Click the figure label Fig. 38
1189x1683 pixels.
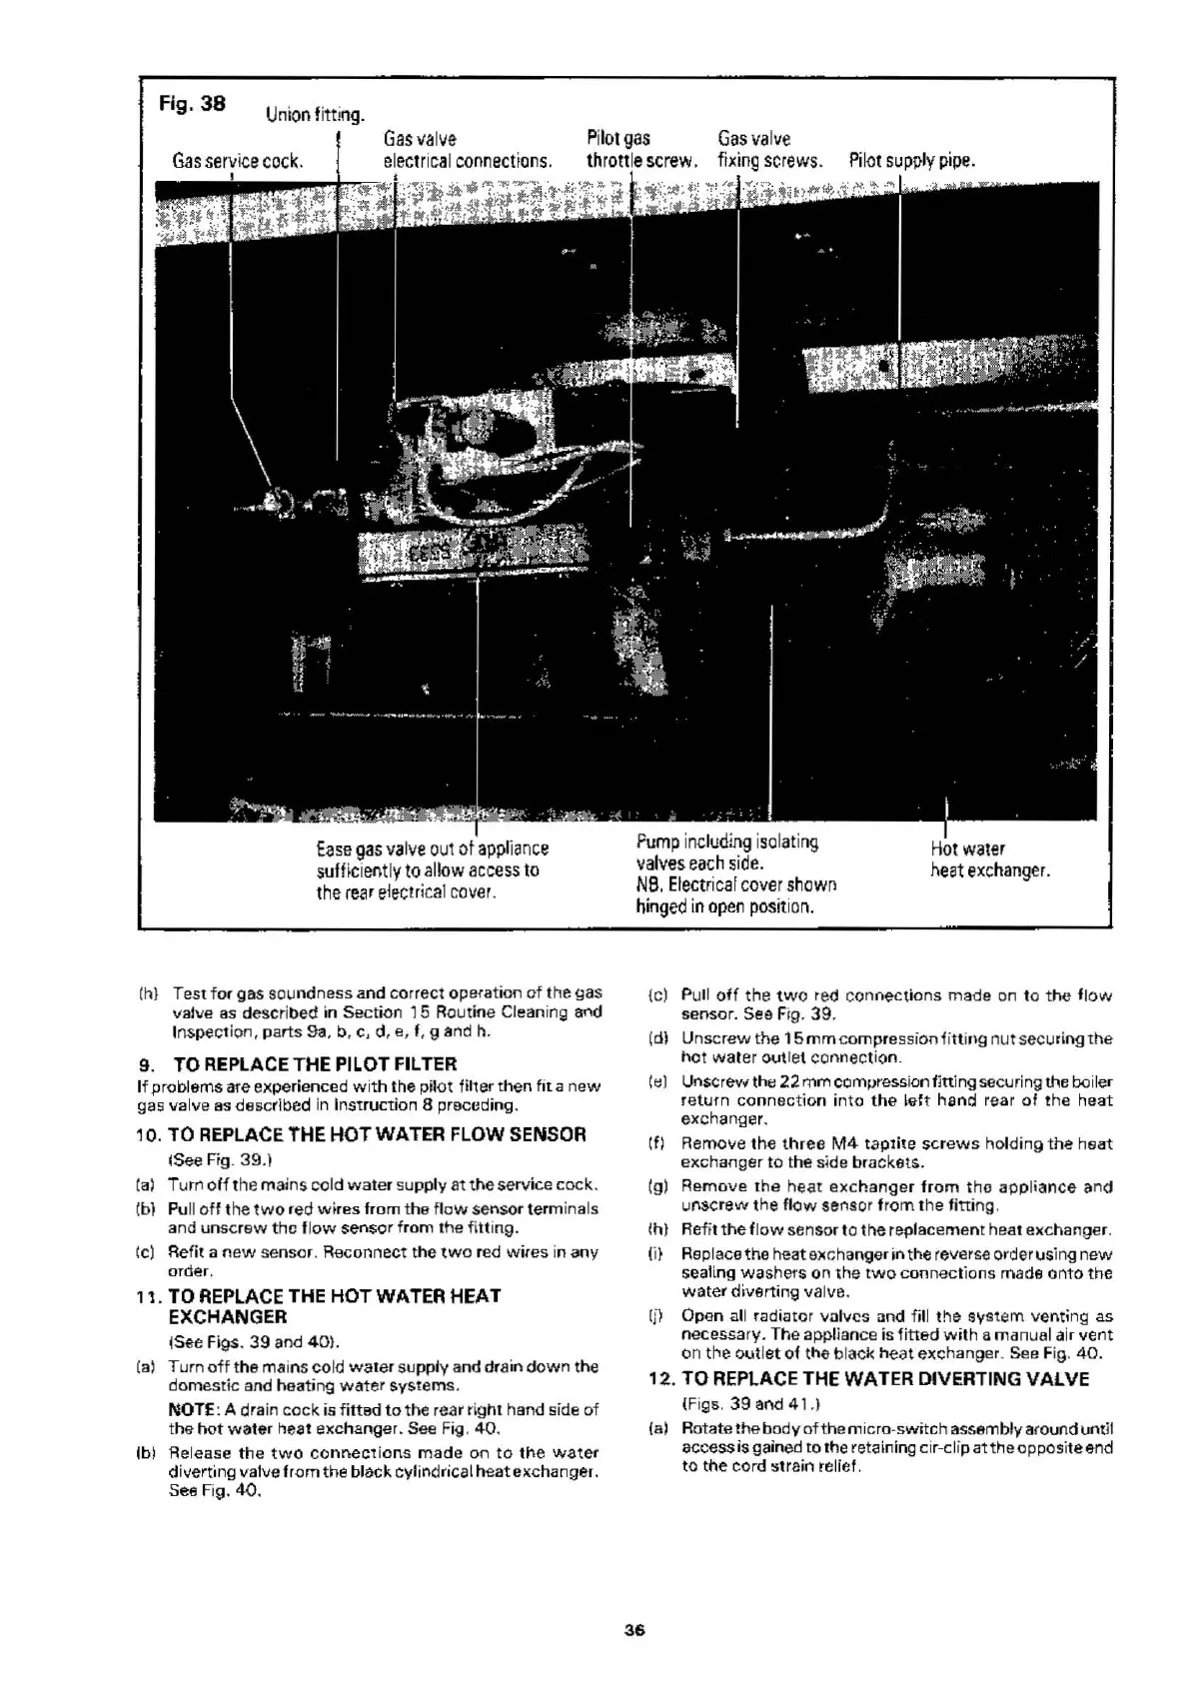(192, 103)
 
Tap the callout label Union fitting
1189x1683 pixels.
(315, 115)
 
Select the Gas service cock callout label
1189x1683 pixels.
(237, 161)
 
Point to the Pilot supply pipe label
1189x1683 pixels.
(911, 161)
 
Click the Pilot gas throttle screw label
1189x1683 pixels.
(640, 150)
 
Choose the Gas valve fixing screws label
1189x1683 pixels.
(769, 150)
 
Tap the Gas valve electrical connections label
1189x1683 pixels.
(467, 150)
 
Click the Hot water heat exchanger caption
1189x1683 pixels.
(989, 859)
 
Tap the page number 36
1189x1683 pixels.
(633, 1630)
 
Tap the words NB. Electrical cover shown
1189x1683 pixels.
(736, 885)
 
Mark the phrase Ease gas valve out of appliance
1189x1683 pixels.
(432, 848)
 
